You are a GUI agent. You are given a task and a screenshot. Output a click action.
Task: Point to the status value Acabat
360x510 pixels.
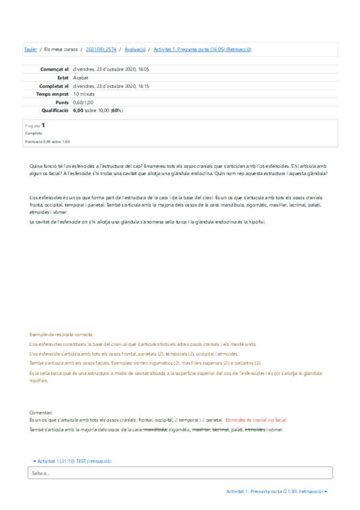[x=81, y=78]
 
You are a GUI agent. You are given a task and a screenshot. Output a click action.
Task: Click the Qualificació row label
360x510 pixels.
[x=55, y=111]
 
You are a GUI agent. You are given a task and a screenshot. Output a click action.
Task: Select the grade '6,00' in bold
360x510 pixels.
[x=78, y=111]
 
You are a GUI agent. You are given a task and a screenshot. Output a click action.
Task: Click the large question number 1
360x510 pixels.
[x=43, y=125]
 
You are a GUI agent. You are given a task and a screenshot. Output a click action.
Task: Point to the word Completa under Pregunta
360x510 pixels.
[x=34, y=134]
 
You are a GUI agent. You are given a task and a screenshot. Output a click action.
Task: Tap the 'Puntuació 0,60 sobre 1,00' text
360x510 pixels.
[x=47, y=141]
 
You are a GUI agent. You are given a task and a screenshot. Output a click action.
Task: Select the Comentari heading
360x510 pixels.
[x=41, y=412]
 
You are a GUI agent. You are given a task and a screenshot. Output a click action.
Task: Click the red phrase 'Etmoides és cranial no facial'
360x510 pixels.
[x=256, y=420]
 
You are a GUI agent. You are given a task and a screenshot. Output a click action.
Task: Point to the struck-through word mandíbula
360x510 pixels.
[x=155, y=429]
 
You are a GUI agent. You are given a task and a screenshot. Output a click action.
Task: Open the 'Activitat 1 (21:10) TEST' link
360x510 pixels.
[x=73, y=461]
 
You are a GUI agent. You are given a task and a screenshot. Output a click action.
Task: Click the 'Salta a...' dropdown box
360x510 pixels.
[x=180, y=473]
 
